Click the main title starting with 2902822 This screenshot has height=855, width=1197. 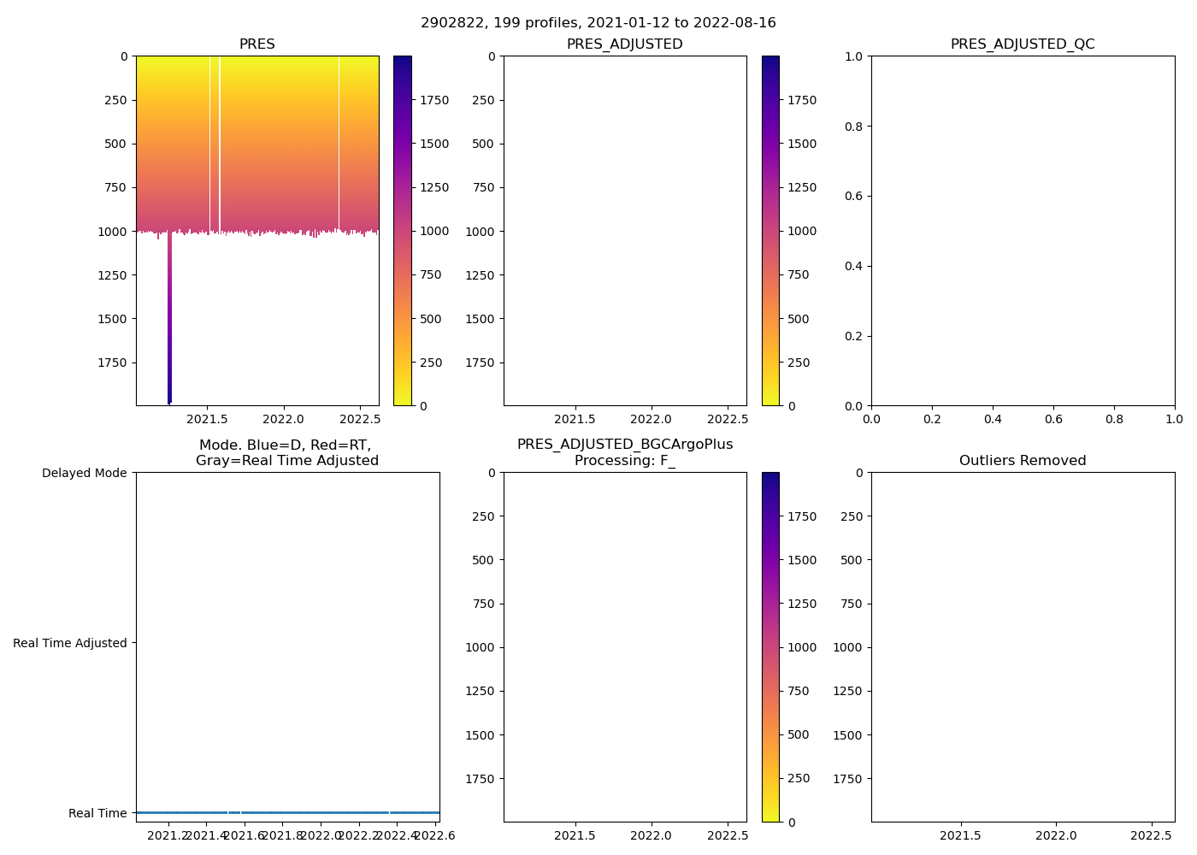(x=598, y=23)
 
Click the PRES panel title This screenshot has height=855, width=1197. (x=256, y=44)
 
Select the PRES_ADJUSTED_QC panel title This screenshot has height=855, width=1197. (x=1023, y=44)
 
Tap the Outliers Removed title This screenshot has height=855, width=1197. (x=1023, y=461)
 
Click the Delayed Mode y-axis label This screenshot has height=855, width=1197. (x=84, y=473)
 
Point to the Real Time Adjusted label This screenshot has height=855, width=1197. (x=70, y=643)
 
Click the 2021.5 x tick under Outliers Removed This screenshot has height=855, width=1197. (x=964, y=835)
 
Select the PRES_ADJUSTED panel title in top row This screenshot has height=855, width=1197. (x=624, y=44)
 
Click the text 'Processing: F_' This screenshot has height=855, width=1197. (x=624, y=461)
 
